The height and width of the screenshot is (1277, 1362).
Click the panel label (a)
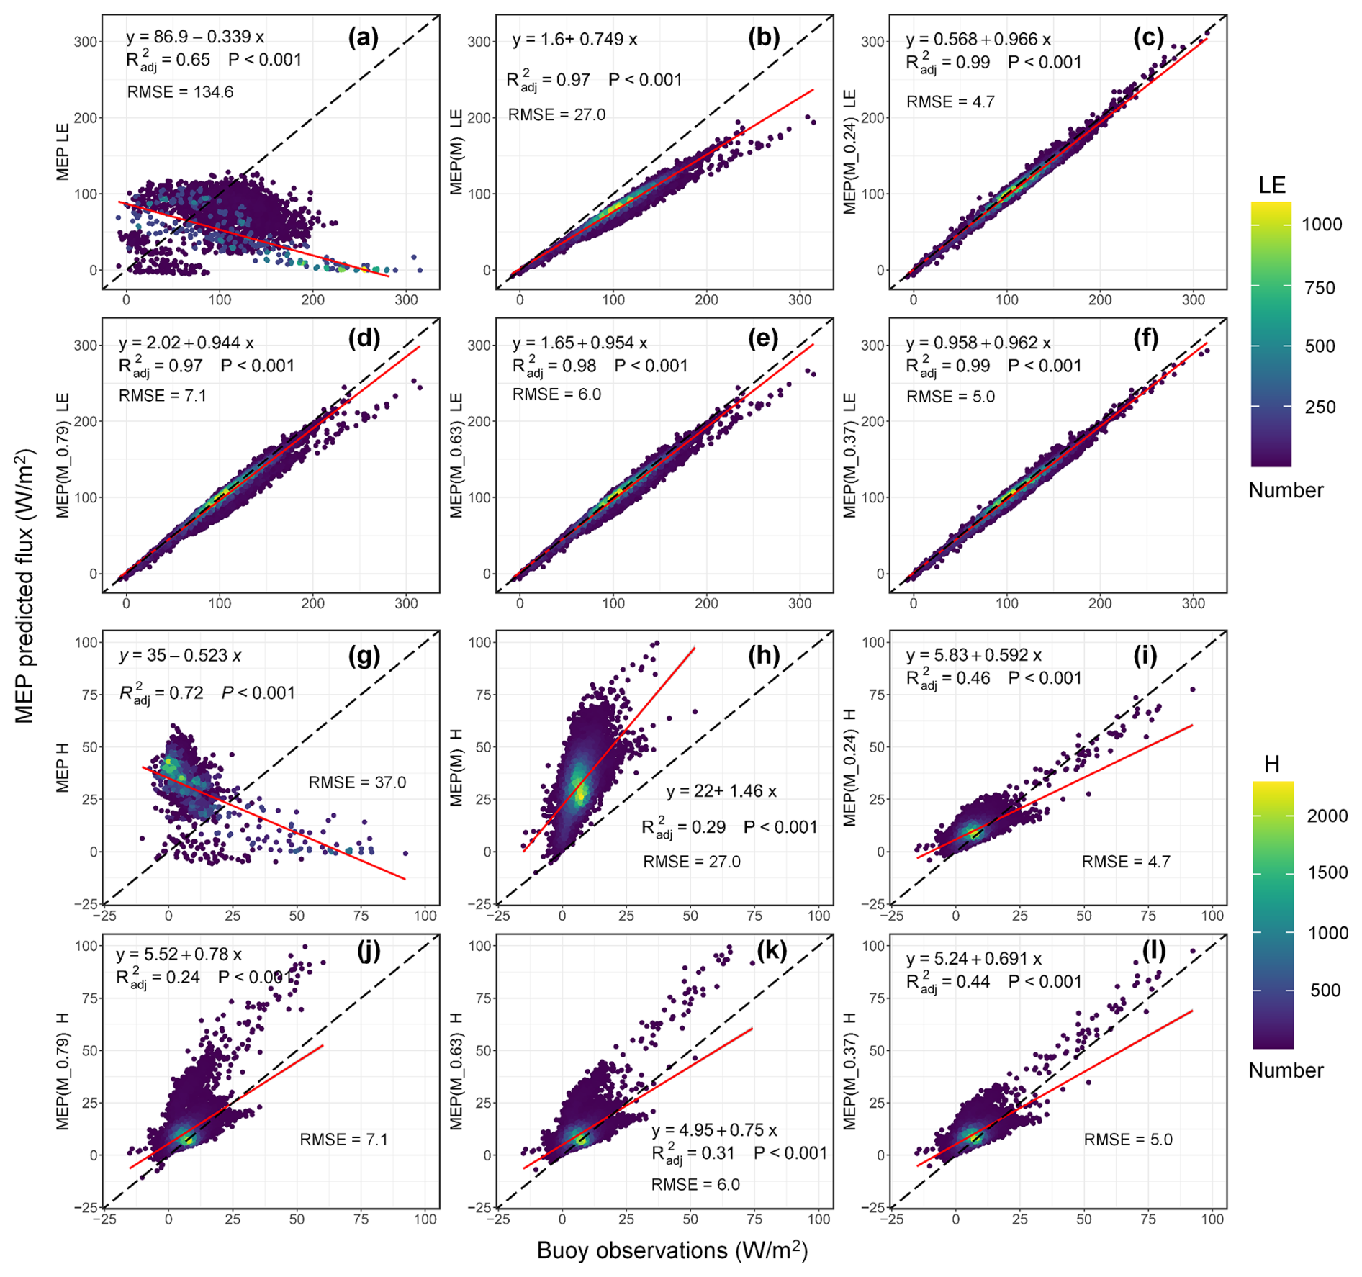363,37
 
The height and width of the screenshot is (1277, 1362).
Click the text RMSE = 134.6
180,92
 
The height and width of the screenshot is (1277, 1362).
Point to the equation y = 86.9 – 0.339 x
195,37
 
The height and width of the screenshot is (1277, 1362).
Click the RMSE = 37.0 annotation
357,782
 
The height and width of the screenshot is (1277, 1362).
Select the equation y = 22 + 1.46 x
721,791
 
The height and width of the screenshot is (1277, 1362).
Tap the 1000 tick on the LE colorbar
1322,225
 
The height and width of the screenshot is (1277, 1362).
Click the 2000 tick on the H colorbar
1327,816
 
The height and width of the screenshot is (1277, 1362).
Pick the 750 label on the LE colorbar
1320,288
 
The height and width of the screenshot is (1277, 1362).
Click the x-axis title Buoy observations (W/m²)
672,1250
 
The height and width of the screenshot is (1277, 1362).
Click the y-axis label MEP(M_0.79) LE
63,455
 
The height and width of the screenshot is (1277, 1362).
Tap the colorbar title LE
1272,186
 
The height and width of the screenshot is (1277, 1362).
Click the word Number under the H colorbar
1286,1070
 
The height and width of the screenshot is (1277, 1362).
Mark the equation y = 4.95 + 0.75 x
714,1130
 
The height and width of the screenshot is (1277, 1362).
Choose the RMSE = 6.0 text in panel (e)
556,394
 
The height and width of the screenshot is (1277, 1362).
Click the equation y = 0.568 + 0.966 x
978,40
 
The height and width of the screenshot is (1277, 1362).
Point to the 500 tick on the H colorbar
1325,991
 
